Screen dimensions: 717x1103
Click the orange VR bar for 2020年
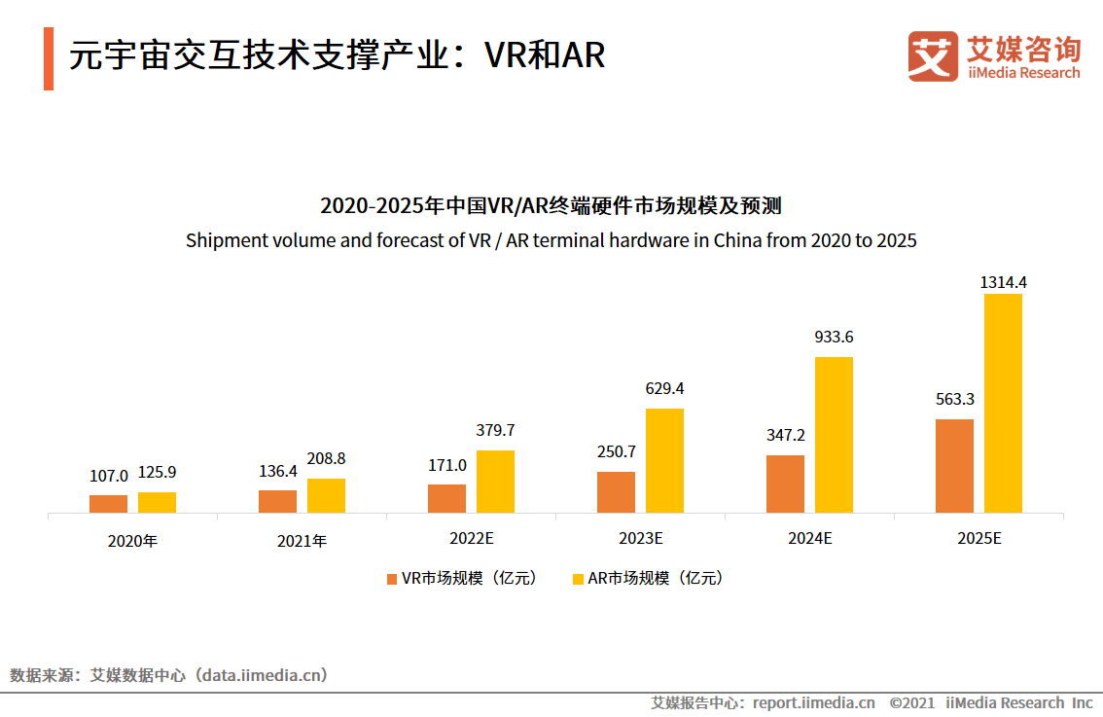[108, 504]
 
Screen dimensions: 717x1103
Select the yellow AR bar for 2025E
[1003, 403]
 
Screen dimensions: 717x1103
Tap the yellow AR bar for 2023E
[664, 460]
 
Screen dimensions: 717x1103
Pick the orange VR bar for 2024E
[785, 484]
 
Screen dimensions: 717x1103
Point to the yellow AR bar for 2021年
[326, 495]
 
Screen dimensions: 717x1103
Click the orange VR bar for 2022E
[446, 498]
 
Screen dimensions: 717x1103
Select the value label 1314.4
[1003, 282]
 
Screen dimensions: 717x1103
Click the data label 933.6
[834, 338]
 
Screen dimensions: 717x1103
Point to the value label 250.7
[616, 451]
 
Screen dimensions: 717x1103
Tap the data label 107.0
[108, 476]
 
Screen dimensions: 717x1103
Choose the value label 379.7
[495, 430]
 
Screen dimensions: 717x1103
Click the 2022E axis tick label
[471, 538]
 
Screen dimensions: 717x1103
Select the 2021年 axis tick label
[302, 541]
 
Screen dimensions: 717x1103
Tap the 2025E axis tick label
[978, 538]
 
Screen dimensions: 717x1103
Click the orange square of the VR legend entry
[392, 578]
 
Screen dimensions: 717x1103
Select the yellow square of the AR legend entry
[578, 578]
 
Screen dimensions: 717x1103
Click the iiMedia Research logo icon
[932, 56]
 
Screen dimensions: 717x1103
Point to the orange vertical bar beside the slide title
[49, 58]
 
